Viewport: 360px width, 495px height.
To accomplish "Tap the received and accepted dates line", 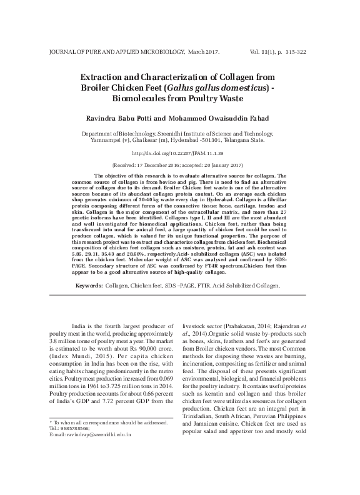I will pos(179,165).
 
